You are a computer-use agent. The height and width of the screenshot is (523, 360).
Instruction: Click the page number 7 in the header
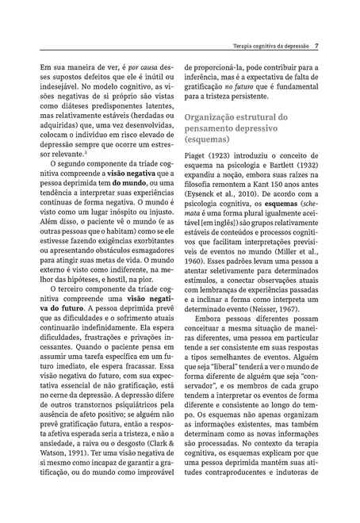316,46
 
